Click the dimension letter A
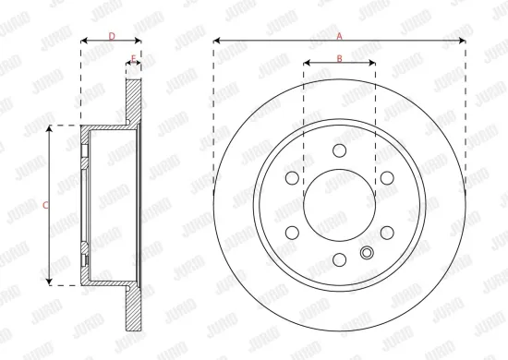point(339,36)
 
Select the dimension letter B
point(339,58)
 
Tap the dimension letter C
point(46,205)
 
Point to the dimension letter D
point(111,36)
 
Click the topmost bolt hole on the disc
point(339,150)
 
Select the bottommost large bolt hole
point(339,259)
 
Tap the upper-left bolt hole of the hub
point(292,178)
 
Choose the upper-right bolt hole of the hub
point(386,178)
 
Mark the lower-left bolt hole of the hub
point(292,233)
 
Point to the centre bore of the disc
point(339,205)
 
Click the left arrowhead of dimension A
point(216,42)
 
